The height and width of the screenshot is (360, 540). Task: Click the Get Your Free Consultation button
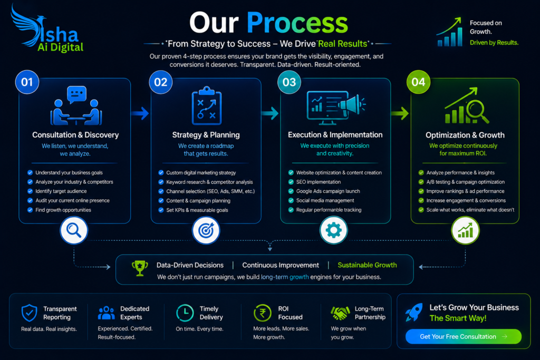(x=463, y=336)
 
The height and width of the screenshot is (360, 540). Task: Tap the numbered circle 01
(x=27, y=82)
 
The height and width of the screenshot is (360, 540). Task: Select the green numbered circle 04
(x=418, y=82)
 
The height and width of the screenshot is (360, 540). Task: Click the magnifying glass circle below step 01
(x=74, y=230)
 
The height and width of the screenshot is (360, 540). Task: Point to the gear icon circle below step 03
(x=333, y=230)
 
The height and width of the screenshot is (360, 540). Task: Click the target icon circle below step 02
(x=206, y=230)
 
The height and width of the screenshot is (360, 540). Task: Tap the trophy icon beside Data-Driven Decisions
(x=140, y=268)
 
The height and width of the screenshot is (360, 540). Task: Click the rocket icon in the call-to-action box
(x=414, y=312)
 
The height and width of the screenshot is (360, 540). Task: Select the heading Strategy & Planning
(x=206, y=135)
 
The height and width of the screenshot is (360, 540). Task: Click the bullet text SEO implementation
(x=319, y=182)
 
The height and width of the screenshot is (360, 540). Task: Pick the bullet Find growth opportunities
(x=63, y=210)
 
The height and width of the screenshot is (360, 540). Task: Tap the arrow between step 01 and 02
(x=140, y=113)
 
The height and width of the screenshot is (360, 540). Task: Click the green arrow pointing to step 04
(x=400, y=113)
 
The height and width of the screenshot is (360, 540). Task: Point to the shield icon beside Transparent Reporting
(x=30, y=313)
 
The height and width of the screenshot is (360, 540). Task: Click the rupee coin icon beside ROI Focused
(x=263, y=313)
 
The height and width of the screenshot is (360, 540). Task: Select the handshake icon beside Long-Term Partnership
(x=340, y=313)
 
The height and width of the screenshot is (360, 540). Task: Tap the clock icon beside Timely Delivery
(x=185, y=313)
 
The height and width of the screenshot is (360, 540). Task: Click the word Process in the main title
(x=297, y=23)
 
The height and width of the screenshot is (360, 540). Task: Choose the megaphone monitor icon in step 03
(x=336, y=108)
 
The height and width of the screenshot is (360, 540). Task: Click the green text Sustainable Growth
(x=367, y=265)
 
